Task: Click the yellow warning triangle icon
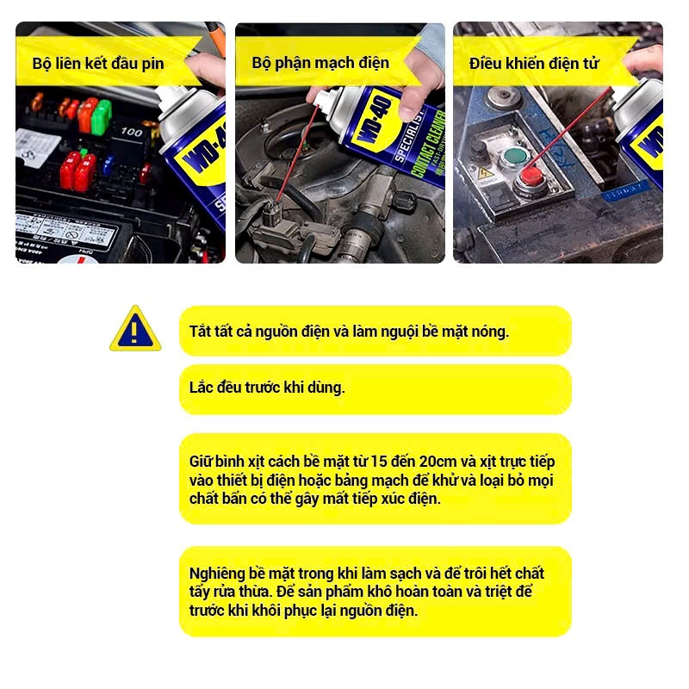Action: pos(135,329)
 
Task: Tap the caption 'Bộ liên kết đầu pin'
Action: pos(98,64)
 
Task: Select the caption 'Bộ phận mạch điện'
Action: pos(320,63)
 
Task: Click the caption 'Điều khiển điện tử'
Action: pos(534,63)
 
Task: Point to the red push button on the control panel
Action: pos(531,177)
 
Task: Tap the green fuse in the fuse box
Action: pos(102,117)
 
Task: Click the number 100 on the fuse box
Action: pos(132,132)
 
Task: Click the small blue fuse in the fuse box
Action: pos(109,165)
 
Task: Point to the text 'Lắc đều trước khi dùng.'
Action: pos(267,388)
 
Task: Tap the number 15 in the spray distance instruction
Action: pos(378,462)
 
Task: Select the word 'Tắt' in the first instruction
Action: pos(198,332)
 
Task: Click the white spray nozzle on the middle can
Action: pos(322,100)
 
